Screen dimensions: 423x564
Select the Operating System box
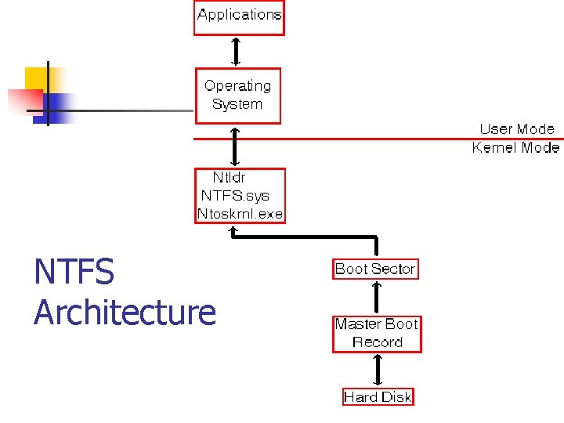(x=237, y=96)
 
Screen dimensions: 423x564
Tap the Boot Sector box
(x=375, y=269)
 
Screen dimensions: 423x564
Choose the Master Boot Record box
(x=377, y=334)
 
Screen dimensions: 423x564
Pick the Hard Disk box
(x=378, y=397)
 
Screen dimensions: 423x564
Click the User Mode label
(x=516, y=129)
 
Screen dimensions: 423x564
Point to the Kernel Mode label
(x=515, y=147)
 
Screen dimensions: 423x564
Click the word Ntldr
(x=229, y=178)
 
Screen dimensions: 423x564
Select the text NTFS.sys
(x=234, y=196)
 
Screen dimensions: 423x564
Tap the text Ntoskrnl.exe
(x=240, y=214)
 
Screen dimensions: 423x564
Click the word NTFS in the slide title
(x=74, y=273)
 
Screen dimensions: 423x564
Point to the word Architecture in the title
(x=125, y=312)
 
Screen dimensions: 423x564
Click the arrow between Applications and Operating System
(x=235, y=52)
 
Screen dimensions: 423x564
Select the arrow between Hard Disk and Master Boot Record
(x=377, y=370)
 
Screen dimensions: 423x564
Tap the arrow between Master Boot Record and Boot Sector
(x=377, y=298)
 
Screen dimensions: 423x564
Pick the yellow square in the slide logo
(x=37, y=78)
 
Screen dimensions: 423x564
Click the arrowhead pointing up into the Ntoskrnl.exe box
(x=233, y=230)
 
